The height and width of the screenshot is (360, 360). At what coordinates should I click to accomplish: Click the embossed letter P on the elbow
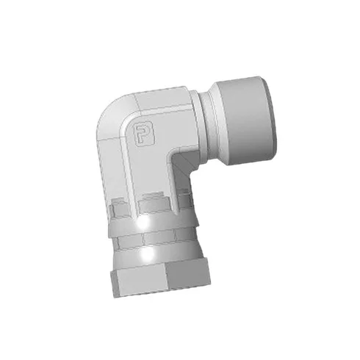tap(144, 134)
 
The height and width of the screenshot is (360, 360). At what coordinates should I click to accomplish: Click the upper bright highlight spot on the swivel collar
tap(143, 223)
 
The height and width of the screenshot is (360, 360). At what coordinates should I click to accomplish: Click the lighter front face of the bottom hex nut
tap(140, 281)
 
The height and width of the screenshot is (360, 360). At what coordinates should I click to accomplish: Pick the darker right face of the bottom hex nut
tap(188, 276)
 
